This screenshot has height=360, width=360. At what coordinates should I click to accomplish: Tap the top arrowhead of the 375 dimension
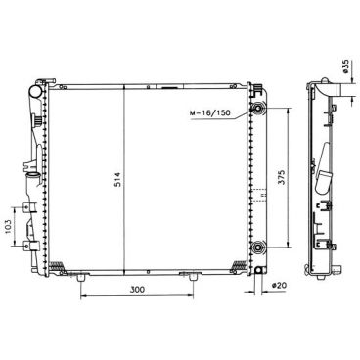tap(287, 110)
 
